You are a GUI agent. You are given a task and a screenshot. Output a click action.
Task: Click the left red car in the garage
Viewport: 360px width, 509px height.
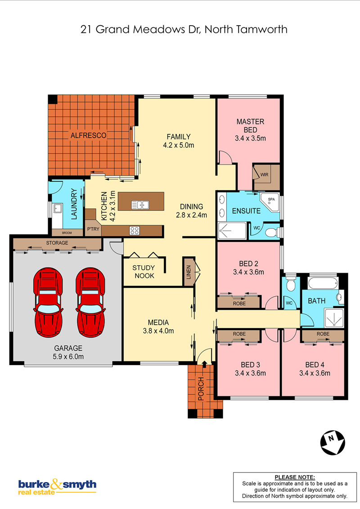(x=48, y=302)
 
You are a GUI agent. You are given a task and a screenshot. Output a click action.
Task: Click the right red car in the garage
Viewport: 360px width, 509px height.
(x=90, y=302)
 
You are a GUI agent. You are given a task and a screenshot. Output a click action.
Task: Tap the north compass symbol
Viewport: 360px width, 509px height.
(x=333, y=442)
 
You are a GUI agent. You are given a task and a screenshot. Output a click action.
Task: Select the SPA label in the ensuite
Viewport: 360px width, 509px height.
(x=271, y=199)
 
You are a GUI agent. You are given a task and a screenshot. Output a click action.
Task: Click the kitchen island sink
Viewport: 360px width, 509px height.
(x=140, y=205)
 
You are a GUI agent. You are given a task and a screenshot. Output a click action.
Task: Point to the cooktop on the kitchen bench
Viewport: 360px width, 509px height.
(x=134, y=231)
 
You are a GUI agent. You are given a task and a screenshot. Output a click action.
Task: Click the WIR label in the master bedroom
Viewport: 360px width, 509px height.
(x=264, y=174)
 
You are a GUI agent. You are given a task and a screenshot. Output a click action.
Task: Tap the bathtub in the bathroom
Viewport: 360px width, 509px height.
(x=323, y=283)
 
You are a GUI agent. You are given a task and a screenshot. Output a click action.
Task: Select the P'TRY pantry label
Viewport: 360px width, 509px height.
(x=93, y=229)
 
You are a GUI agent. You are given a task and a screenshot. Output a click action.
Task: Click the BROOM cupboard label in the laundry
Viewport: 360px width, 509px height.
(x=67, y=233)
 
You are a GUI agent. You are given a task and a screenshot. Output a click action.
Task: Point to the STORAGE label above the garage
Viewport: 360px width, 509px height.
(x=57, y=243)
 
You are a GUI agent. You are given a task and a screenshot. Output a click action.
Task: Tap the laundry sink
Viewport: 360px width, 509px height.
(x=58, y=208)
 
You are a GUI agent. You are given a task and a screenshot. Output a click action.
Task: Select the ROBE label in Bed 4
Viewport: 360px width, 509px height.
(x=323, y=334)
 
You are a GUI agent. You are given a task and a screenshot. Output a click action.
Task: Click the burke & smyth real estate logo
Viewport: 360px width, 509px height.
(x=57, y=486)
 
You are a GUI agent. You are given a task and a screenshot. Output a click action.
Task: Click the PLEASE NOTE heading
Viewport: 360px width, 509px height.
(x=295, y=477)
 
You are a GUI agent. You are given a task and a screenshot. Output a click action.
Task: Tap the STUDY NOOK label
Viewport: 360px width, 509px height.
(x=144, y=272)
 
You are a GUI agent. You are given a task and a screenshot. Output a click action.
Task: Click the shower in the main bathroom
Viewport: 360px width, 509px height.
(x=334, y=318)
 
